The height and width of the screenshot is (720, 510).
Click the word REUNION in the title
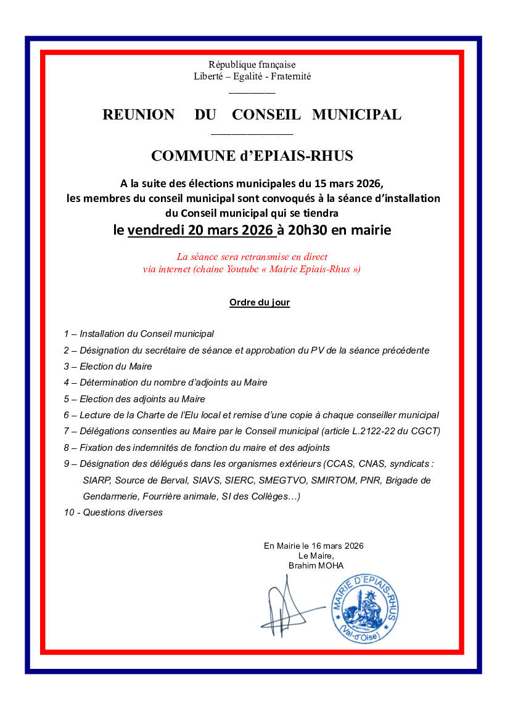138,115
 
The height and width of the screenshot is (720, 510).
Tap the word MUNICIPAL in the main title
356,115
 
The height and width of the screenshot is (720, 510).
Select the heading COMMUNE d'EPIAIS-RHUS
252,156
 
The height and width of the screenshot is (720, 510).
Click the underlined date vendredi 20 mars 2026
200,230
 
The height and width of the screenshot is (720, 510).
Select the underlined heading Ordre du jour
260,302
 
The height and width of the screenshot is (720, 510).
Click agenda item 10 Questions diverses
113,512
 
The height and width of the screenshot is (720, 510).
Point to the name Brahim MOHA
316,565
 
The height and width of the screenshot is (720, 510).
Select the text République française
252,65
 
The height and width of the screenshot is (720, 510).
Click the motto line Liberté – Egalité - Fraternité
252,76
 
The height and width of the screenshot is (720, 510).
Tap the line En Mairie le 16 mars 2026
313,546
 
